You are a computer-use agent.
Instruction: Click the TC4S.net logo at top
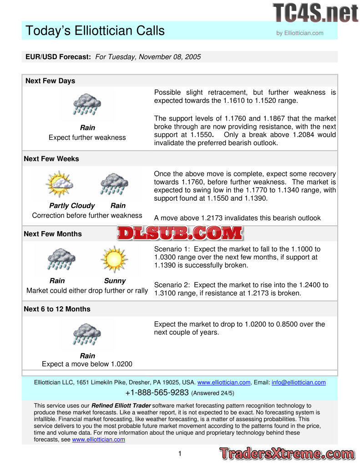[x=315, y=12]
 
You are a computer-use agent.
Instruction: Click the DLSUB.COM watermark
[x=180, y=233]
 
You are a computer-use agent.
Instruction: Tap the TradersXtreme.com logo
[x=287, y=454]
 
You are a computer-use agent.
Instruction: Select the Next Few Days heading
[x=50, y=81]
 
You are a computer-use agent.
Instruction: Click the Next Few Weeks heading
[x=51, y=159]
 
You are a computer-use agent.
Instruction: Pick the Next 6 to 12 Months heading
[x=57, y=309]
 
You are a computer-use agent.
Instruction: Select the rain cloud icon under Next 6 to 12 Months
[x=87, y=334]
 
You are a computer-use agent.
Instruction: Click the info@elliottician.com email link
[x=299, y=382]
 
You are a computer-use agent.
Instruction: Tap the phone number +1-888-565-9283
[x=157, y=392]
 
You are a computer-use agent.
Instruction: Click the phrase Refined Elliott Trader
[x=121, y=405]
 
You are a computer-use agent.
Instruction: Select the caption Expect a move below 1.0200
[x=87, y=364]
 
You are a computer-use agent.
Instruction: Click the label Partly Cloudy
[x=72, y=206]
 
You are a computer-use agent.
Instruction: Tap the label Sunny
[x=115, y=281]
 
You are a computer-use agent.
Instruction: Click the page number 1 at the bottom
[x=180, y=453]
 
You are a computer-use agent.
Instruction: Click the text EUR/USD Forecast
[x=58, y=57]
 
